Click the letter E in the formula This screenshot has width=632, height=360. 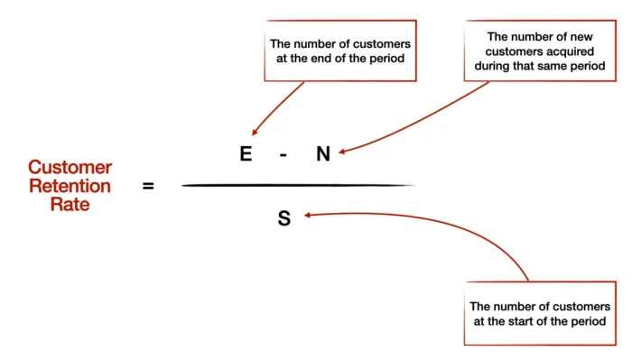coord(245,154)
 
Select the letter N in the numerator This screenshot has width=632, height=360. coord(323,154)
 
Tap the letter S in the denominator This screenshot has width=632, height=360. coord(283,217)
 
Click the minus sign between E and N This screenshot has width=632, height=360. coord(283,154)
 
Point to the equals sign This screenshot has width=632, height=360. coord(148,186)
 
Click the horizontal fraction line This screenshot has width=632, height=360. coord(298,186)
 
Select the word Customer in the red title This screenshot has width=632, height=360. coord(70,168)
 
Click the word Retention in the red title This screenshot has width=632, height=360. coord(70,186)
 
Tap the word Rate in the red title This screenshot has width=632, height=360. coord(70,204)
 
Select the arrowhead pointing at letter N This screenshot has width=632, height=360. coord(342,152)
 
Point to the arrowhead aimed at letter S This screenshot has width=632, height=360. coord(307,215)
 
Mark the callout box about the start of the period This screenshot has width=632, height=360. coord(539,314)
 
